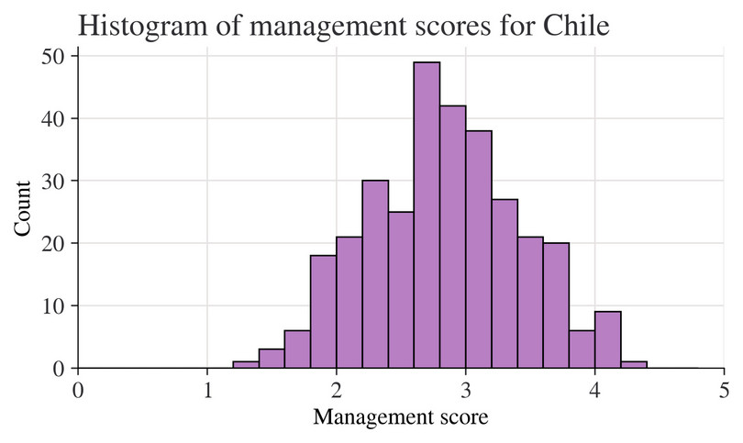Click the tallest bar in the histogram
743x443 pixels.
(x=427, y=216)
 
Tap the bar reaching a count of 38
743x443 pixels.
(x=478, y=249)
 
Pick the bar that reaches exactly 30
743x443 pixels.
(x=374, y=274)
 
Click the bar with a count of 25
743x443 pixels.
(x=401, y=290)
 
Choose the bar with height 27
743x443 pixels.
(x=505, y=283)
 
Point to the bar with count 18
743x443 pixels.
(x=323, y=312)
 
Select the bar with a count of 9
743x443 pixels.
(x=607, y=340)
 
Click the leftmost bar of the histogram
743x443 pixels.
(x=246, y=364)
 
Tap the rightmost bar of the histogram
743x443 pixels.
(x=634, y=364)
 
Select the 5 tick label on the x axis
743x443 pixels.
(x=725, y=389)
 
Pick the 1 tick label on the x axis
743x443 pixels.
(x=207, y=389)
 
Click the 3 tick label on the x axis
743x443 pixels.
(x=466, y=389)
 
